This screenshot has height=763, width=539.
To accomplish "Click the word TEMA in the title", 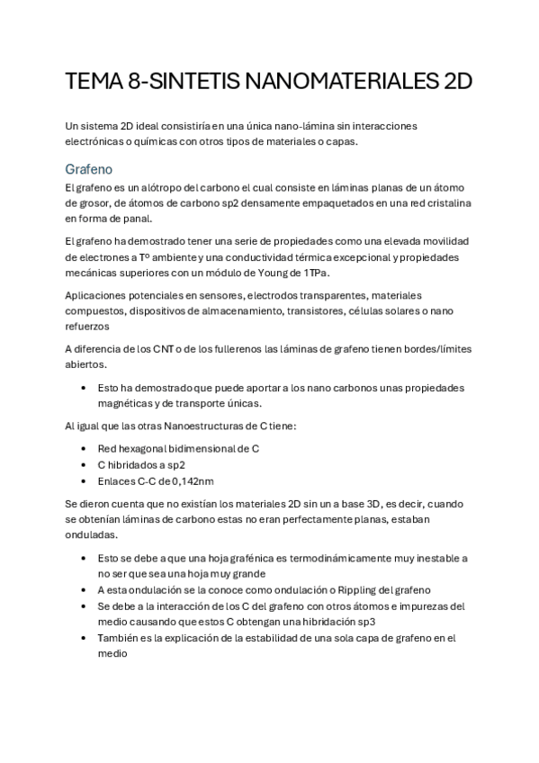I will [94, 83].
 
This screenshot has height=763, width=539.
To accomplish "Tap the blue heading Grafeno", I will [88, 169].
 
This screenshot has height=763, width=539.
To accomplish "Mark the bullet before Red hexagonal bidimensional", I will [84, 448].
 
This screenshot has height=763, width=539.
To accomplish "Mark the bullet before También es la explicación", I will [84, 638].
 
